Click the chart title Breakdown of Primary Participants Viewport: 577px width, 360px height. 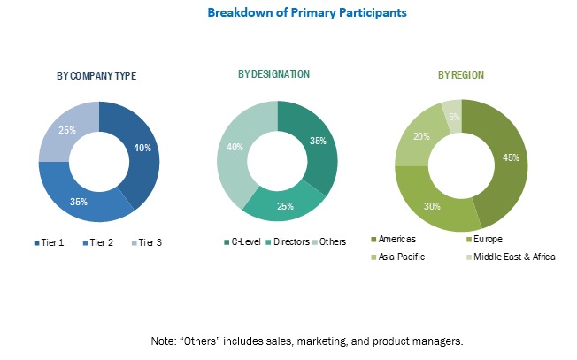pyautogui.click(x=288, y=14)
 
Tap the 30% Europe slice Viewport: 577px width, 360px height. pyautogui.click(x=434, y=204)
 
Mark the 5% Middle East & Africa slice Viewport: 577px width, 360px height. pyautogui.click(x=453, y=117)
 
